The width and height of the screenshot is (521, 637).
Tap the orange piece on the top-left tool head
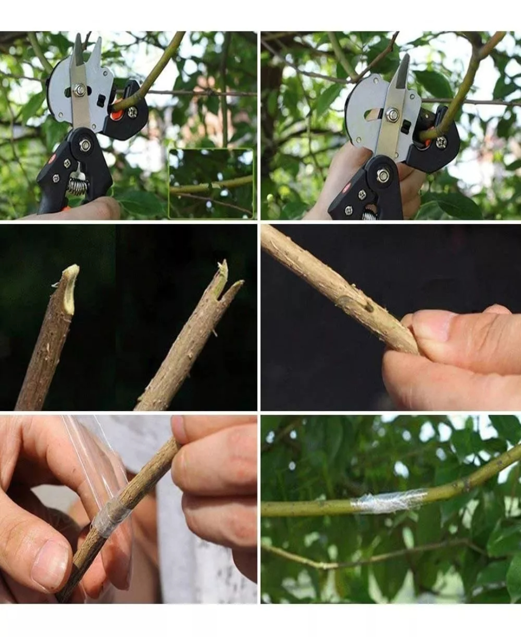[116, 116]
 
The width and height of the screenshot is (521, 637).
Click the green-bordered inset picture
[211, 183]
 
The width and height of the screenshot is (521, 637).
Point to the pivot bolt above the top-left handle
[86, 143]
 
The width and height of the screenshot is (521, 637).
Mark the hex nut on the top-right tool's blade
[393, 114]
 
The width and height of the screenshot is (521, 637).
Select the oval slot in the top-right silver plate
[373, 115]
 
